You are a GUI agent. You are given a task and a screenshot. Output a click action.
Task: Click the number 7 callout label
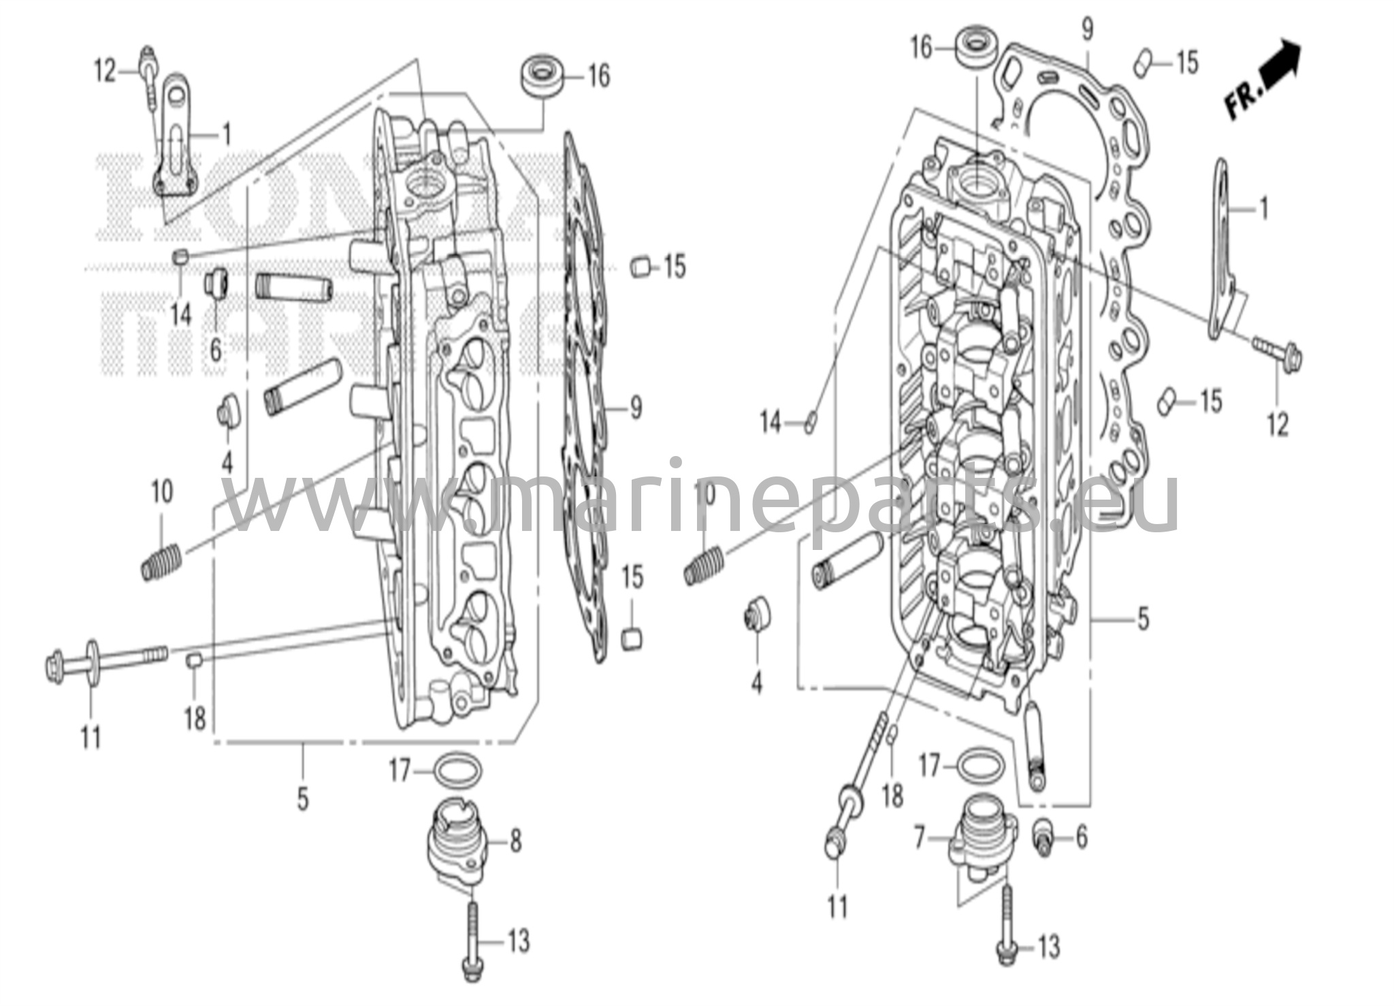pyautogui.click(x=919, y=839)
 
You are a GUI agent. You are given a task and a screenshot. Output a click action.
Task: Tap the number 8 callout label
pyautogui.click(x=516, y=842)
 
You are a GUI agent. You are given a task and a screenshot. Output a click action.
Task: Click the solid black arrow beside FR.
pyautogui.click(x=1278, y=65)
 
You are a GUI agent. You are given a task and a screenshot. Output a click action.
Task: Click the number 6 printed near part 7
pyautogui.click(x=1082, y=837)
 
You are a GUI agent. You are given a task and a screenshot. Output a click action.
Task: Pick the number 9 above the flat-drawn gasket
pyautogui.click(x=1086, y=29)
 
